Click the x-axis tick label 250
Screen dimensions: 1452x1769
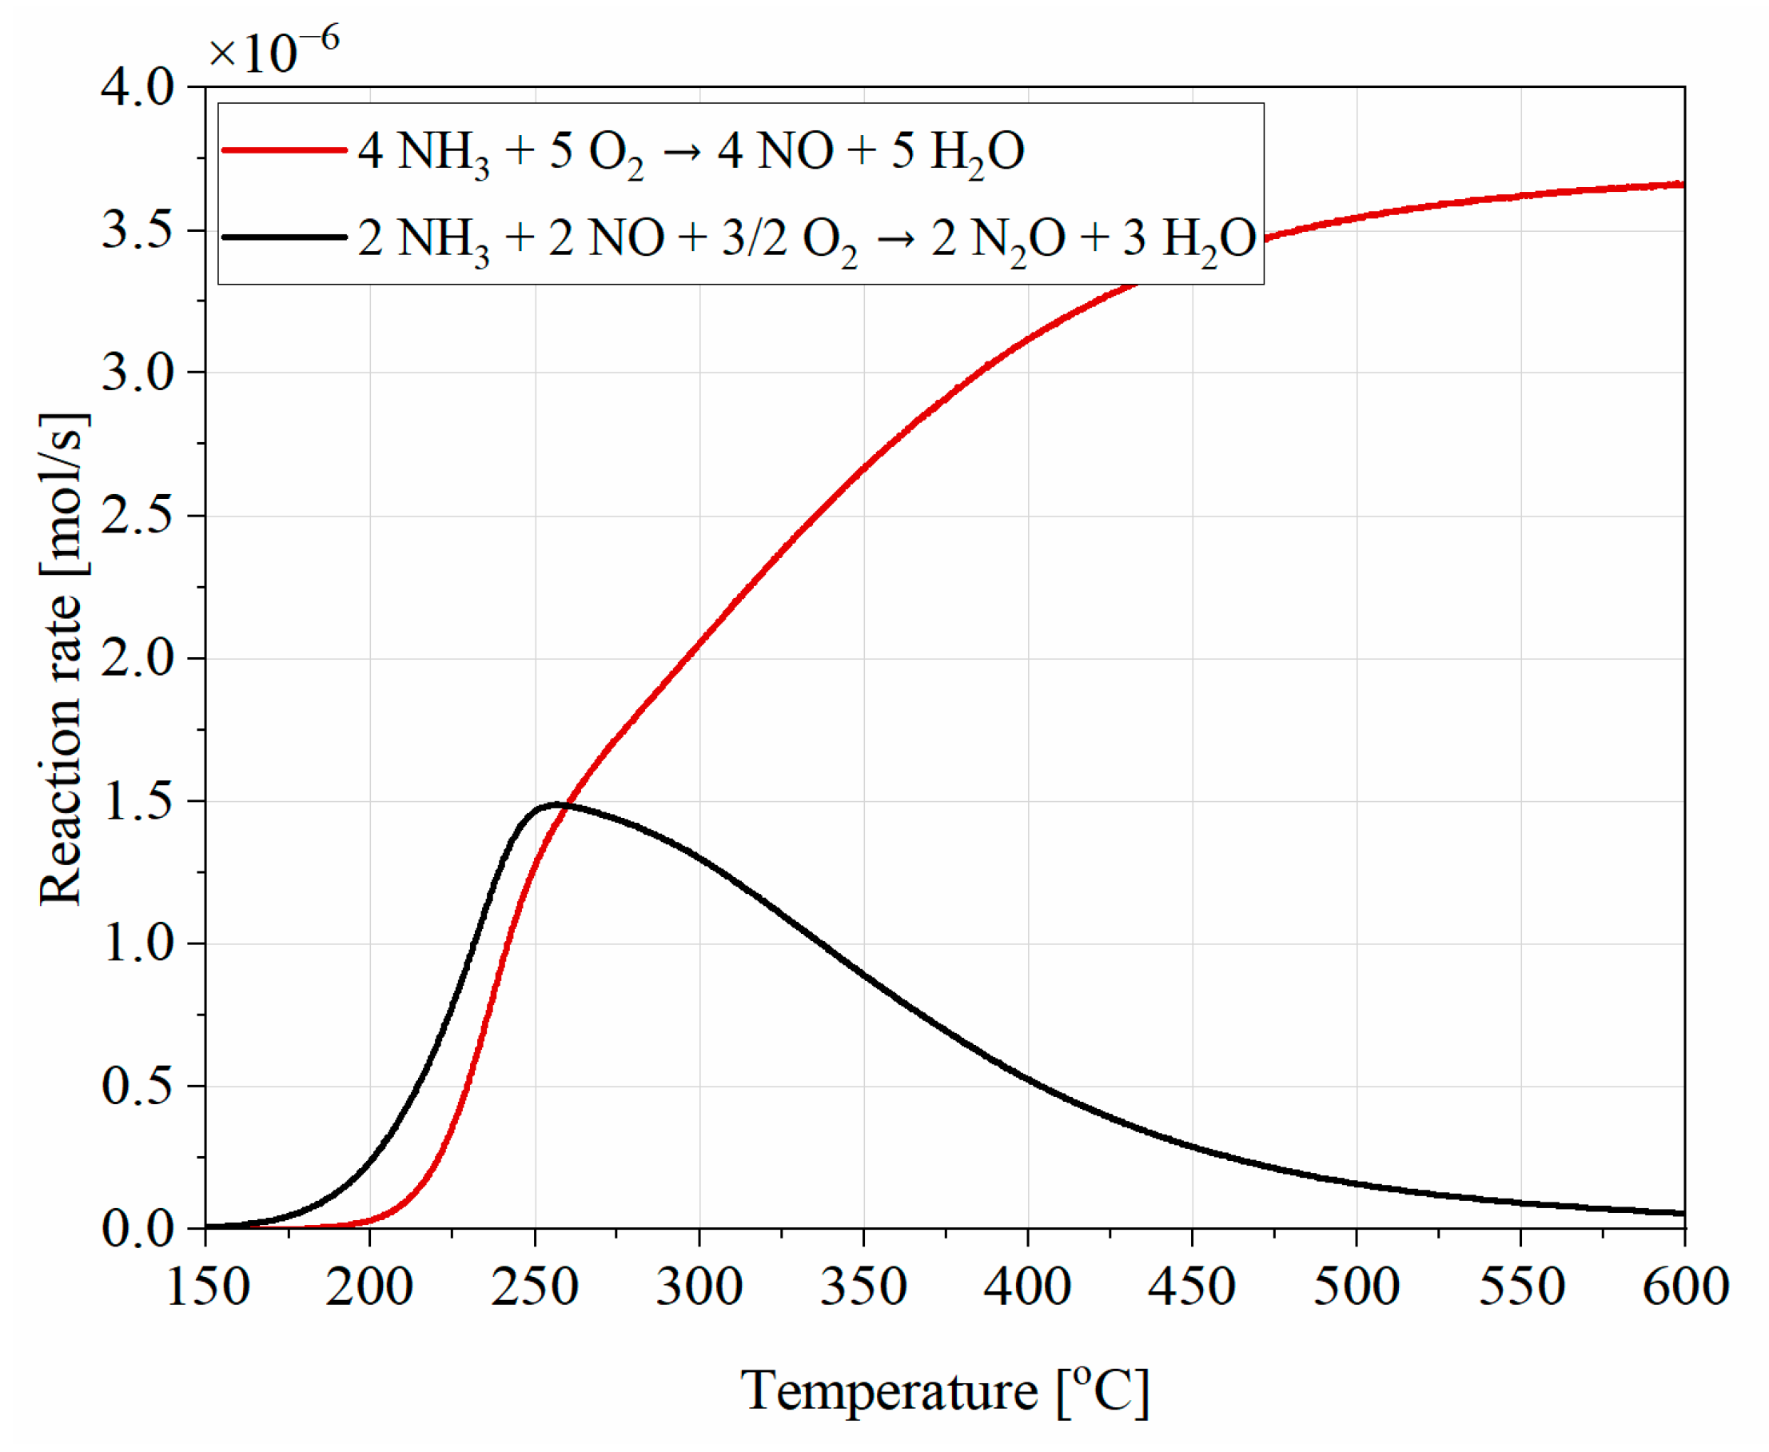534,1287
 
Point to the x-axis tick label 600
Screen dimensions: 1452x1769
1685,1287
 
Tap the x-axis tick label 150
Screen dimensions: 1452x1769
206,1287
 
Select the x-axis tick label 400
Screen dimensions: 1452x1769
1027,1287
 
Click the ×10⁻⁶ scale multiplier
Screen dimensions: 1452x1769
273,50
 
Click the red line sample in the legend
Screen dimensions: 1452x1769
285,150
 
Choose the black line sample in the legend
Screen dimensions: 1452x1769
285,237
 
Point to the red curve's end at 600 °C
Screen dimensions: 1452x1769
1682,184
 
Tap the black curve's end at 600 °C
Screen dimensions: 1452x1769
1682,1213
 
